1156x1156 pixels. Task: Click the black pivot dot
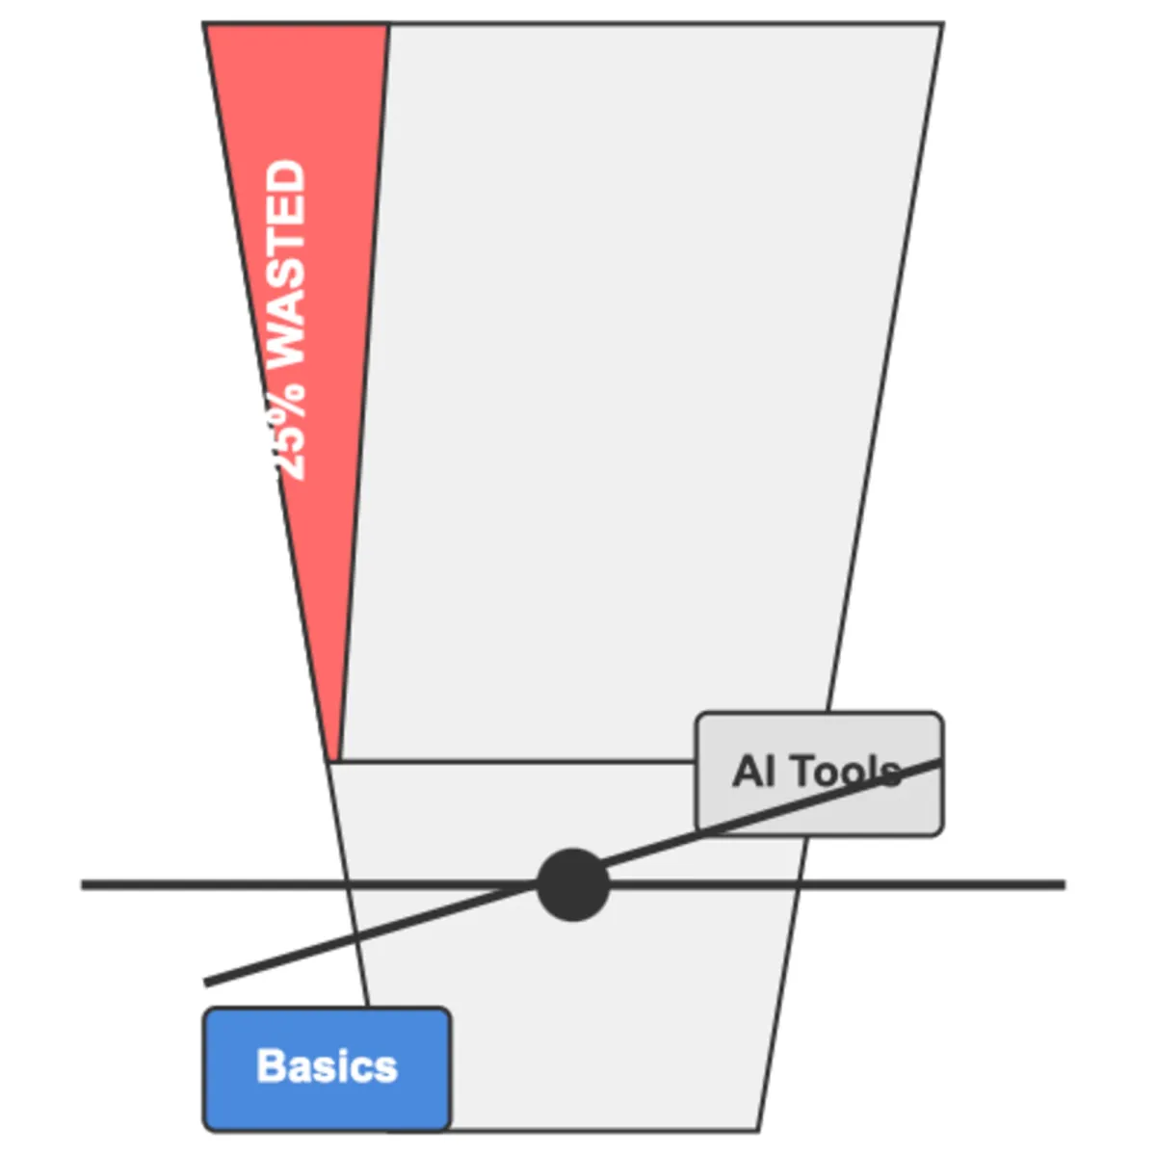573,885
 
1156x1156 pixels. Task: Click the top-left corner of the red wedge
204,24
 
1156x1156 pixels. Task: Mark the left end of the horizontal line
82,885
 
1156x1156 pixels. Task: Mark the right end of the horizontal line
1064,885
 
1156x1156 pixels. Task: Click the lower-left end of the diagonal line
205,984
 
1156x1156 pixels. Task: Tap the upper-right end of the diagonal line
940,762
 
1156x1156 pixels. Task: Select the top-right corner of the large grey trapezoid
943,24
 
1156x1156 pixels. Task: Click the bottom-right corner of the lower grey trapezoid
758,1131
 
